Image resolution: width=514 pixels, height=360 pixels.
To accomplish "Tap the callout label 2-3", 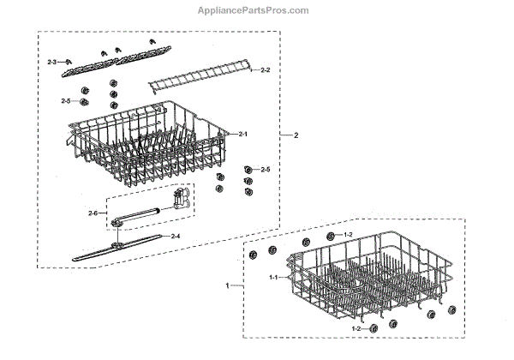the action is pos(52,63).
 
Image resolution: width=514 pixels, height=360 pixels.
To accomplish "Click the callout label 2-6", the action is pos(93,213).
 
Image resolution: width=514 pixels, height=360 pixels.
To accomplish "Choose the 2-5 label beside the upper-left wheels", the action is pos(66,101).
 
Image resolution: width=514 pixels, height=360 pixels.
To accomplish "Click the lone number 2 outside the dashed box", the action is pos(296,136).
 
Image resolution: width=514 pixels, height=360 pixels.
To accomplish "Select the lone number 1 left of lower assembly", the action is pos(227,284).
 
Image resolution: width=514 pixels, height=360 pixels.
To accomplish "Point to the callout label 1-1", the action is pos(273,279).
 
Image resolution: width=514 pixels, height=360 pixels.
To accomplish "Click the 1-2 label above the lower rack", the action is pos(347,234).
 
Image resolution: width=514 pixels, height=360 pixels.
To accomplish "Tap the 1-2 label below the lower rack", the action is pos(355,329).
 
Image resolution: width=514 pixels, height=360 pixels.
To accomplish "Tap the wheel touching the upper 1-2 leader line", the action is pos(330,236).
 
